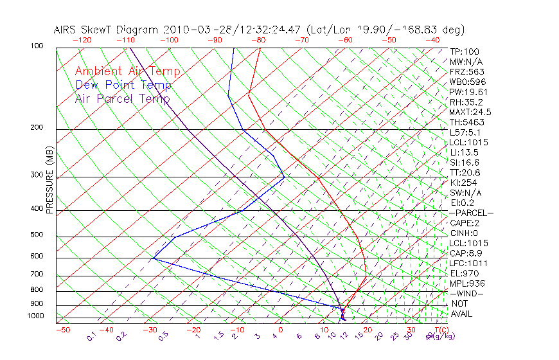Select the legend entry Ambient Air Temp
pyautogui.click(x=127, y=71)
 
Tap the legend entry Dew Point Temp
pyautogui.click(x=123, y=85)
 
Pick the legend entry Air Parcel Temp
pyautogui.click(x=122, y=98)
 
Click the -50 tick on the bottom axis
pyautogui.click(x=62, y=330)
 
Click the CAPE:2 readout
pyautogui.click(x=465, y=223)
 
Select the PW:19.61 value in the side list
pyautogui.click(x=467, y=92)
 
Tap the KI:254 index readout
pyautogui.click(x=463, y=183)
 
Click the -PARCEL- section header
pyautogui.click(x=471, y=213)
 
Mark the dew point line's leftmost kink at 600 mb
pyautogui.click(x=154, y=258)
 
